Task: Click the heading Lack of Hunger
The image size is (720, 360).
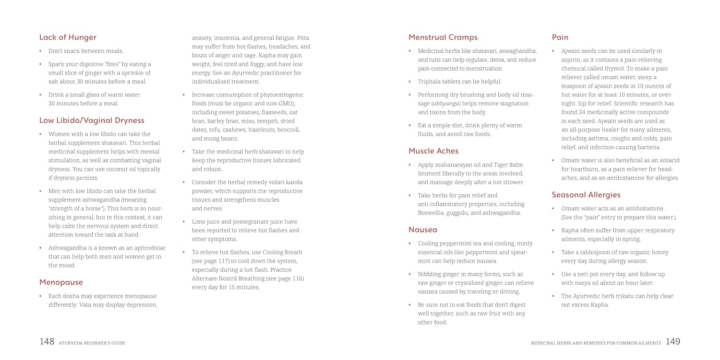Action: pos(68,37)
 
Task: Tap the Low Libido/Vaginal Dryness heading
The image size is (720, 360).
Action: pos(92,120)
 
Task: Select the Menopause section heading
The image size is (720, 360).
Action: pos(61,282)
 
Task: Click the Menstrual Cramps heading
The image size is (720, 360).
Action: pos(443,37)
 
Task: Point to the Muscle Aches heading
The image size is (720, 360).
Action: pos(433,151)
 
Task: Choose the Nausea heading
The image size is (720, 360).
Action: pos(423,229)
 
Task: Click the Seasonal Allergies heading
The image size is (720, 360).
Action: pos(586,194)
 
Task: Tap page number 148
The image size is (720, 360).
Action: pos(47,342)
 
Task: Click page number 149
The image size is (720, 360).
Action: pos(673,342)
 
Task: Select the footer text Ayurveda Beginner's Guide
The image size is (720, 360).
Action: pos(92,343)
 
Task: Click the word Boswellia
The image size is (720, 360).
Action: pos(432,213)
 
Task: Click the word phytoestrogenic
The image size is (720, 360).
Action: pos(280,95)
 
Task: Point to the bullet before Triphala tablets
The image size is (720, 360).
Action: pos(410,82)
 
